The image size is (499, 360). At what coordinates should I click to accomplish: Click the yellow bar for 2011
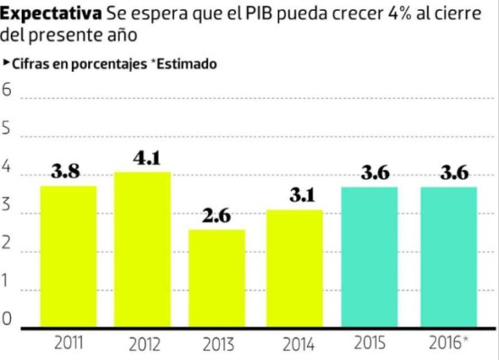(68, 257)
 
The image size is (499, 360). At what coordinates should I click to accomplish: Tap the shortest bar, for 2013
(217, 280)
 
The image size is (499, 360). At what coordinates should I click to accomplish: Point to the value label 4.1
(146, 158)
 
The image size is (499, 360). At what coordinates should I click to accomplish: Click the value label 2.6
(217, 217)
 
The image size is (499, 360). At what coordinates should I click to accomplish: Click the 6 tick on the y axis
(8, 91)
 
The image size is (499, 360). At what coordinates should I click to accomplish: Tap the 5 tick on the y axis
(8, 129)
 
